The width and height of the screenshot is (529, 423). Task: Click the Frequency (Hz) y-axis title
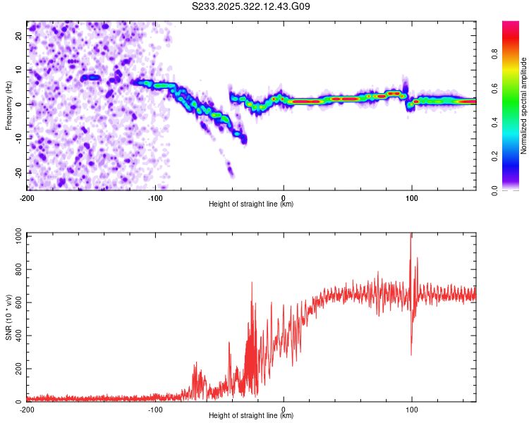pos(8,104)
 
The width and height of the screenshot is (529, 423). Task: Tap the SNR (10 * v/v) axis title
pos(8,317)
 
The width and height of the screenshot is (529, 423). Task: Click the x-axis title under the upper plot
pos(251,204)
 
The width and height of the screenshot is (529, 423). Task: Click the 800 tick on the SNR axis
pos(18,270)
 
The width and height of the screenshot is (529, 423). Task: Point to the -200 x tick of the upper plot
pos(27,197)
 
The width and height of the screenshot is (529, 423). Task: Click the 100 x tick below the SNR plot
pos(412,409)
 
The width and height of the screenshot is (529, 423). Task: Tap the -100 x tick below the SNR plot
pos(155,409)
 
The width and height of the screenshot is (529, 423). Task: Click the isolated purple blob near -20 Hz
pos(230,169)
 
